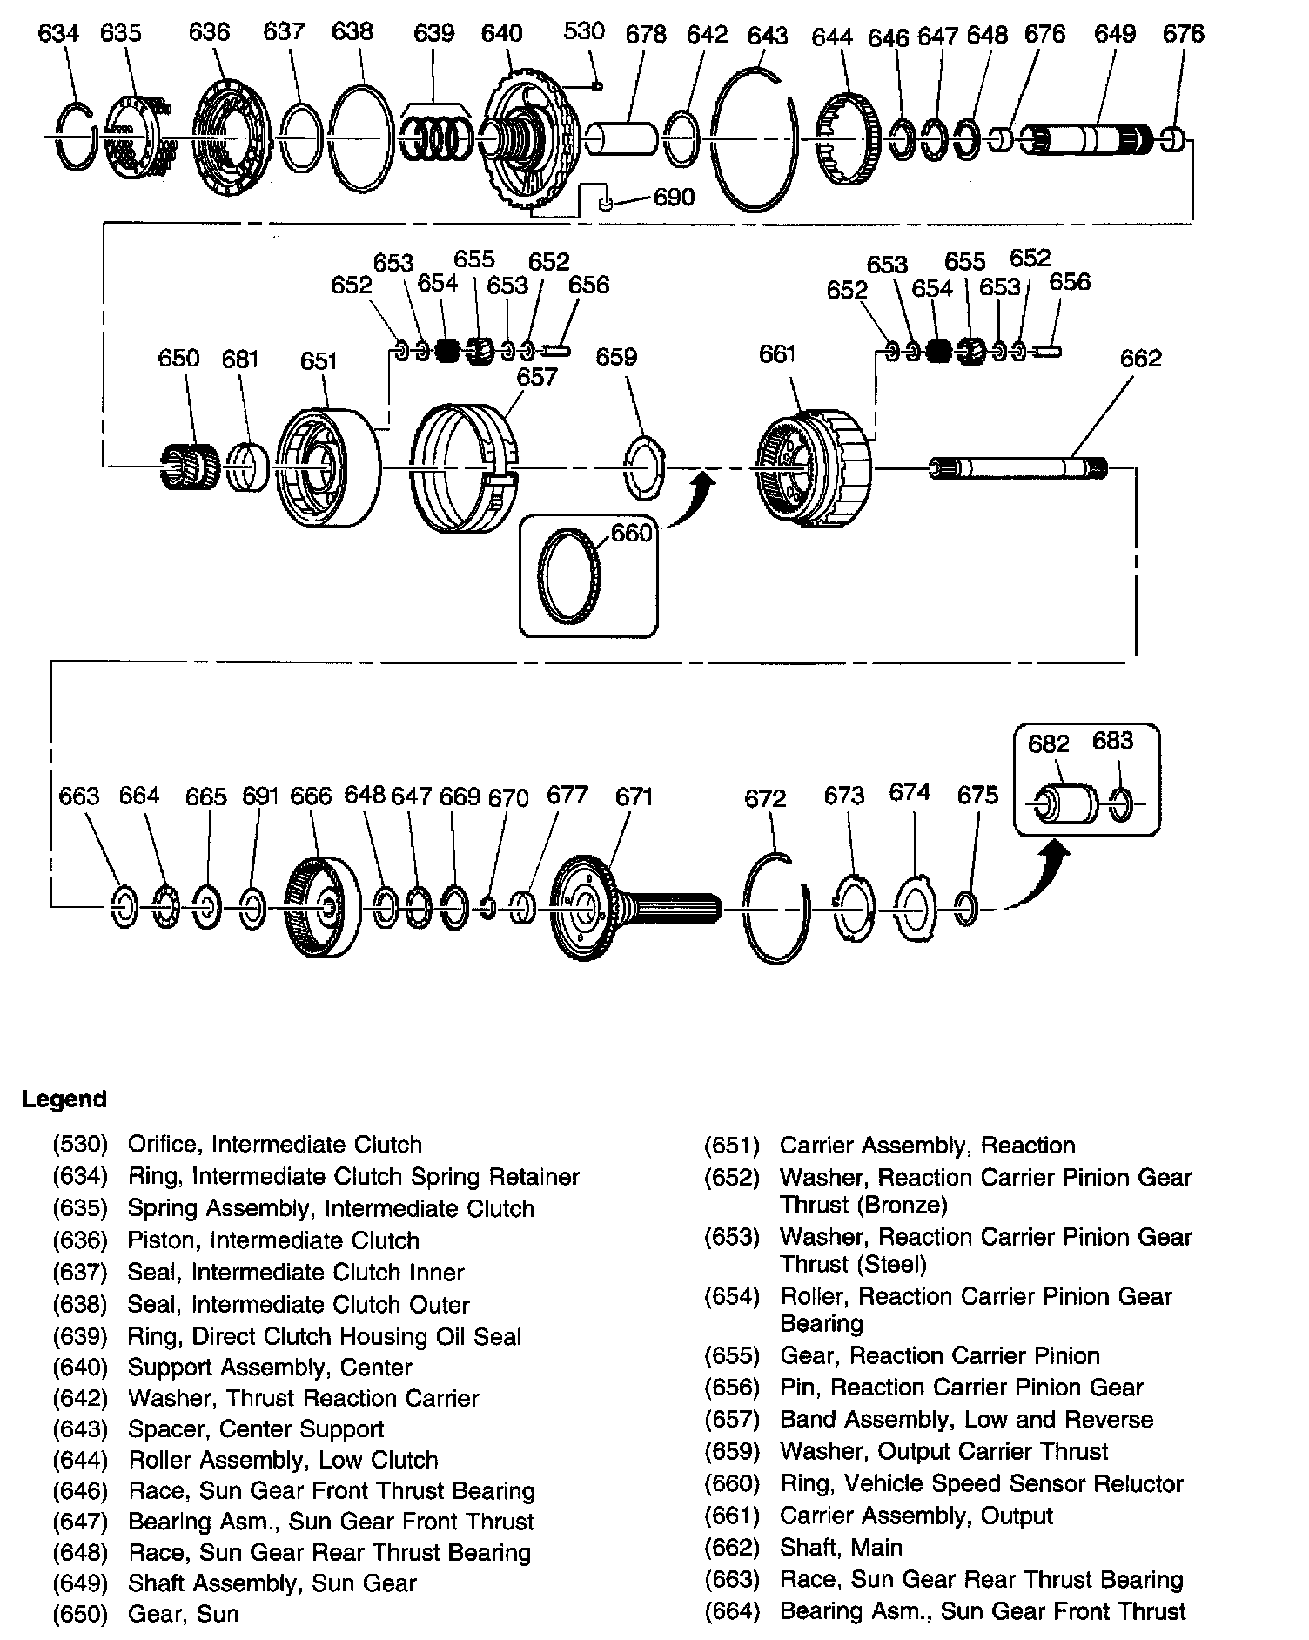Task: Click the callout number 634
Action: click(x=58, y=34)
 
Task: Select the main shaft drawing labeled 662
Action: click(x=1018, y=468)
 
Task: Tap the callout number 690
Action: click(x=674, y=198)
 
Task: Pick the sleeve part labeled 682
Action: click(x=1065, y=803)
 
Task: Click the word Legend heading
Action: click(x=64, y=1099)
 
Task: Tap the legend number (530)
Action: click(x=80, y=1145)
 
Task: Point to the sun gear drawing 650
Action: click(x=190, y=467)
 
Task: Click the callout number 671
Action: click(x=634, y=796)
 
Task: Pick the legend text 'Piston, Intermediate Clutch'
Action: click(x=273, y=1240)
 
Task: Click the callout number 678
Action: click(x=646, y=34)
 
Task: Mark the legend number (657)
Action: click(x=732, y=1419)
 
